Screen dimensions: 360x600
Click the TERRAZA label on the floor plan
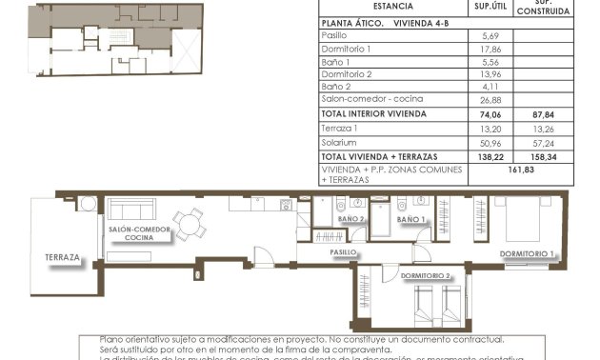[x=62, y=258]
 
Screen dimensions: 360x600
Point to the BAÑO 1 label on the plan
[x=410, y=219]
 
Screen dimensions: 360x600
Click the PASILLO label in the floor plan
[x=343, y=253]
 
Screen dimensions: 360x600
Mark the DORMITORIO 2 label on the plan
[x=424, y=276]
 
